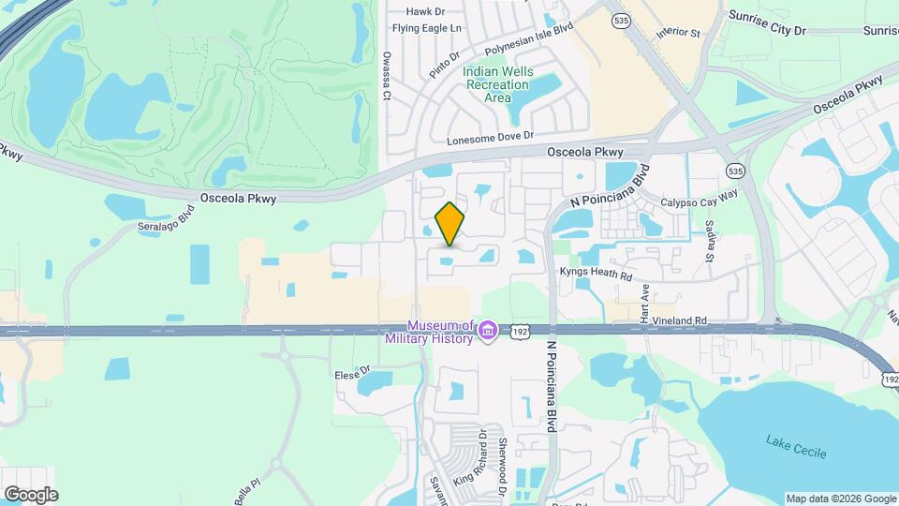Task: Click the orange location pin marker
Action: click(x=450, y=223)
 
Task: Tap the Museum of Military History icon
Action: click(x=488, y=331)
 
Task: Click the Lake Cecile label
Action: click(x=796, y=446)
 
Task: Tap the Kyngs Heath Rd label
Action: click(x=596, y=273)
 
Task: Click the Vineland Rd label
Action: click(x=681, y=320)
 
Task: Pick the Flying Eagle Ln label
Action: click(x=427, y=29)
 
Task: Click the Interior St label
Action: click(x=678, y=32)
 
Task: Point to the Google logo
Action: click(x=30, y=494)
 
